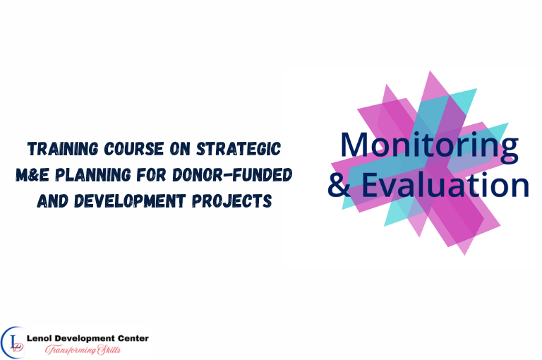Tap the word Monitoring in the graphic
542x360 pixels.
coord(429,145)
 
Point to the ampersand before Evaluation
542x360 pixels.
coord(339,185)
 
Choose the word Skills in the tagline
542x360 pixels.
coord(117,350)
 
